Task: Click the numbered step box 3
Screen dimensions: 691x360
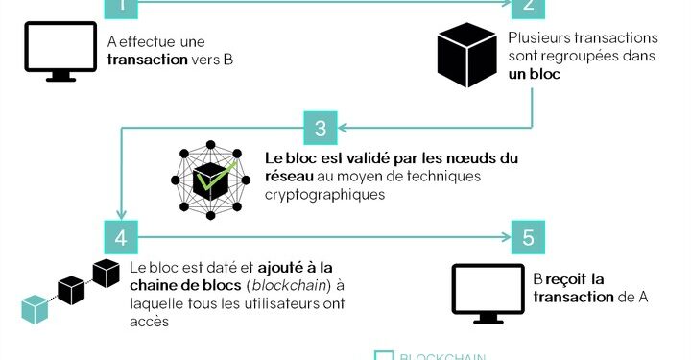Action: pos(321,128)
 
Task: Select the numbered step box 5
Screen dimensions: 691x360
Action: pos(528,236)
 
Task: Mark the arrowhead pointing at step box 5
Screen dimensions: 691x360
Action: pos(504,236)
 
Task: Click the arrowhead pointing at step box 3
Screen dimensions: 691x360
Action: pos(345,127)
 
